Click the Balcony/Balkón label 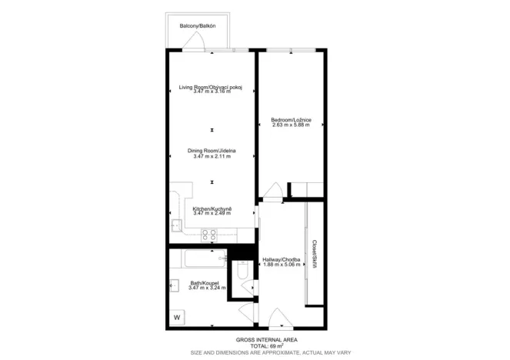(x=198, y=27)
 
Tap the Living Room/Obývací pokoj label (x=212, y=87)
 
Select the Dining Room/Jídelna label (x=212, y=150)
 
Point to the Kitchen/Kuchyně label (x=212, y=209)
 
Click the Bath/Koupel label (x=205, y=283)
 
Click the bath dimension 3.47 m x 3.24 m (x=205, y=288)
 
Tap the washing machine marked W (x=177, y=317)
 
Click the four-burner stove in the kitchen (x=208, y=235)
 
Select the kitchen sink (x=175, y=225)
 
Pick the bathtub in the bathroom (x=199, y=258)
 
